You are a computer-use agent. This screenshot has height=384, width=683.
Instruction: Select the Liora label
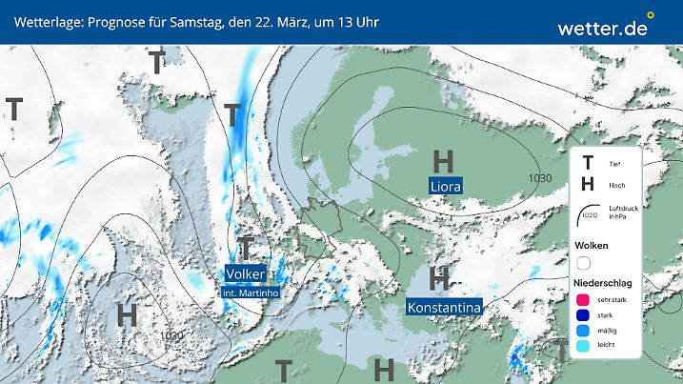[x=444, y=186]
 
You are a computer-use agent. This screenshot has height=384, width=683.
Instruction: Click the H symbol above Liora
[x=443, y=160]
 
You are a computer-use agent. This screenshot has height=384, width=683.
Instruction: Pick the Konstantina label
[x=443, y=307]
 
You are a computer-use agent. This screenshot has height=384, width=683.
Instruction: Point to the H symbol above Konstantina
[x=439, y=278]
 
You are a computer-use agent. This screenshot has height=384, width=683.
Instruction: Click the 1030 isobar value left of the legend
[x=541, y=178]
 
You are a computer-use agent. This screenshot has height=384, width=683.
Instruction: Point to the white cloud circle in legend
[x=584, y=262]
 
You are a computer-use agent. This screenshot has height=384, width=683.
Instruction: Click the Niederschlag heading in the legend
[x=603, y=283]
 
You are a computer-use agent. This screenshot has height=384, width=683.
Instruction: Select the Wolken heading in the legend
[x=591, y=245]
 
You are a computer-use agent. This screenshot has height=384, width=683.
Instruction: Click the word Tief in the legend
[x=613, y=163]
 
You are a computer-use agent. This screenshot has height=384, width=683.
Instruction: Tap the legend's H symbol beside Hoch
[x=588, y=184]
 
